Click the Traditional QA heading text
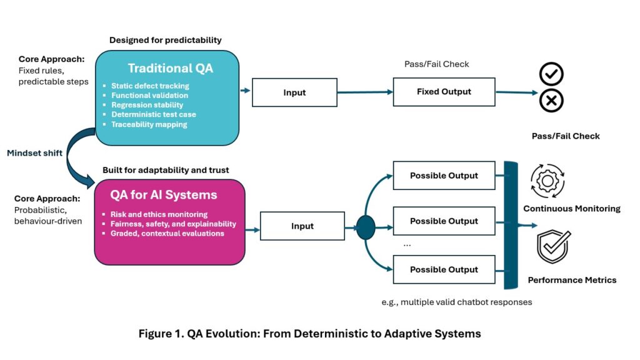coord(170,68)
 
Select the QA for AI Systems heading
coord(164,194)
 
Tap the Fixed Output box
coord(444,92)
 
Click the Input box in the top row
coord(294,92)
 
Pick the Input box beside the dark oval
coord(302,226)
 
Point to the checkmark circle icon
coord(551,74)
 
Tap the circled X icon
coord(551,100)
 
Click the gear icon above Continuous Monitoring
coord(547,181)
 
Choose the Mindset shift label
coord(35,153)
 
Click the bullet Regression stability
coord(147,105)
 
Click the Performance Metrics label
coord(572,280)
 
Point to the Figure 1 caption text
coord(309,334)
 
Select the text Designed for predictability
coord(165,40)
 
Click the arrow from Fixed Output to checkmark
coord(516,92)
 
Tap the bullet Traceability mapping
coord(149,124)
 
